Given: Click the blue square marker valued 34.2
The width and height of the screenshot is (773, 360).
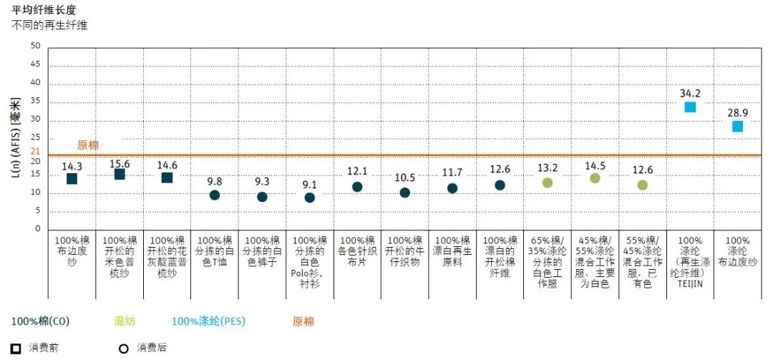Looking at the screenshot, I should click(690, 107).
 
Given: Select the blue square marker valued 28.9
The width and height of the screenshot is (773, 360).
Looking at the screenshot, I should click(737, 127).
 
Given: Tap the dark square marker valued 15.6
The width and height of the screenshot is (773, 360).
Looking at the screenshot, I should click(120, 174).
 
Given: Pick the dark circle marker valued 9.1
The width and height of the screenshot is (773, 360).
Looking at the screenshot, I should click(309, 198).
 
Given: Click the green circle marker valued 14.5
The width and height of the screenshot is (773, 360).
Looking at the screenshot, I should click(595, 178).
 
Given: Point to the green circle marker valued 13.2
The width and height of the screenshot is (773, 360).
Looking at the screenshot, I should click(548, 183).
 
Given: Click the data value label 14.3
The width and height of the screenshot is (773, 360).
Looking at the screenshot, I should click(72, 166).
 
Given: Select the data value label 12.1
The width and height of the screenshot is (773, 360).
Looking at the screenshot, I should click(357, 171).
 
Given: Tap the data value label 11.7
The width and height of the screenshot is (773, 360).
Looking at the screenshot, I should click(452, 172).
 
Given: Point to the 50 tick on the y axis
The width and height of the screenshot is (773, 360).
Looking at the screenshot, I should click(36, 46).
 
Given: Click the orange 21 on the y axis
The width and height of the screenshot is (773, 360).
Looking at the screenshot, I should click(36, 151).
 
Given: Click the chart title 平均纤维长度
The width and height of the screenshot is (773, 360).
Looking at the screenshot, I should click(45, 11).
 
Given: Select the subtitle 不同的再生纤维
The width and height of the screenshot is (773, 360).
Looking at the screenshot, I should click(49, 25).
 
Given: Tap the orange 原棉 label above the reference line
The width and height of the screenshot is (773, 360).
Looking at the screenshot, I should click(88, 145).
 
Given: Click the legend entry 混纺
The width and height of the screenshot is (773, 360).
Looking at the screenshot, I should click(125, 321).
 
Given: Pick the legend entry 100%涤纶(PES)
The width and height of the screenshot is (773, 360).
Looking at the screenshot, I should click(208, 321).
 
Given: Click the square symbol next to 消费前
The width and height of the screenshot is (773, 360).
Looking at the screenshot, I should click(16, 349).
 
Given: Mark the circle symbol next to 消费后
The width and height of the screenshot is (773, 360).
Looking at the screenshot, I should click(123, 349).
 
